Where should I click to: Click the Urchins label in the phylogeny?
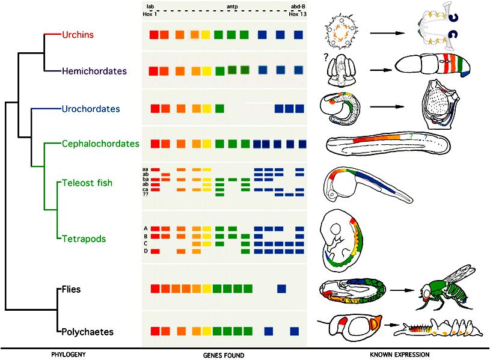78,34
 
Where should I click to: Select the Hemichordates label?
94,71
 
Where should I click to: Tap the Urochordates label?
91,109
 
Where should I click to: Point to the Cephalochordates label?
100,144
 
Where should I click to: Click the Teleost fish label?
87,183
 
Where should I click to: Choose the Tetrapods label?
84,239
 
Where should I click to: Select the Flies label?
72,289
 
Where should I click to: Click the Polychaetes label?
88,332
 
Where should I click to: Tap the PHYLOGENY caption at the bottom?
69,355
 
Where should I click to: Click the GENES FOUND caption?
224,355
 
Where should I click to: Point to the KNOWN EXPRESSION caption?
400,355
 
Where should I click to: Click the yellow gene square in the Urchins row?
206,35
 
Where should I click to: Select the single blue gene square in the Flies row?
281,288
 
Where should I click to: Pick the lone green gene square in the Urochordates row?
219,108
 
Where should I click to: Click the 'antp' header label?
232,6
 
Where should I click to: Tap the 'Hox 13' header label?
298,14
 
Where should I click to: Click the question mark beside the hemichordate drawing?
326,58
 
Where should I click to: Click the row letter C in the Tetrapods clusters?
145,243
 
